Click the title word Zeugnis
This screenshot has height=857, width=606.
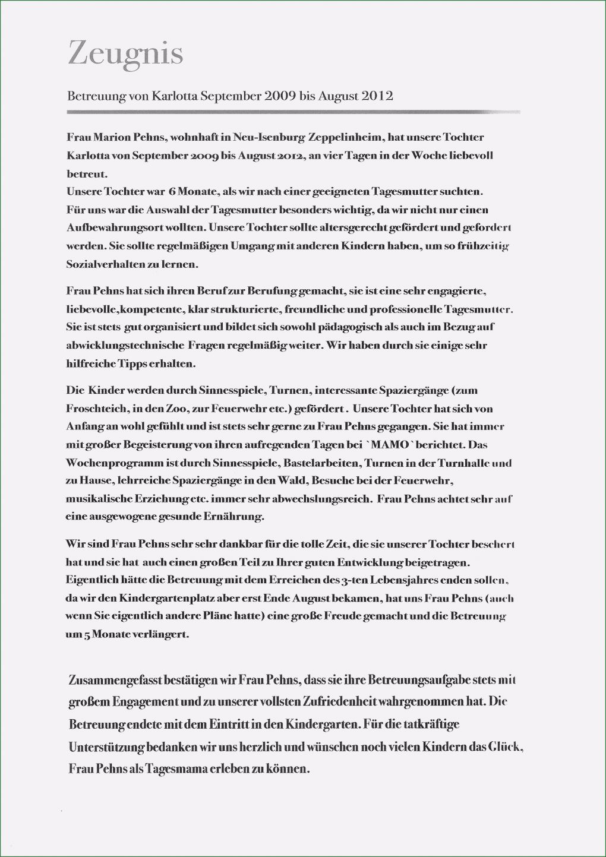[x=125, y=53]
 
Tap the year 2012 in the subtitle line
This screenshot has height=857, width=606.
[x=377, y=96]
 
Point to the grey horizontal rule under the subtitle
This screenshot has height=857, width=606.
[x=293, y=112]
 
